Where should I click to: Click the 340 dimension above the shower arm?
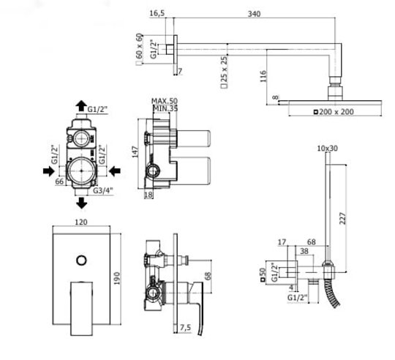point(254,14)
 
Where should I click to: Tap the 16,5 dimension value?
point(157,13)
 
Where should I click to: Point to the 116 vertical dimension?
point(263,76)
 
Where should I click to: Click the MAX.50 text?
point(165,101)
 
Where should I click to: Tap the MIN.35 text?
point(165,108)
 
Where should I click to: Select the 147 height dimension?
point(135,151)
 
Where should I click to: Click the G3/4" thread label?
point(103,190)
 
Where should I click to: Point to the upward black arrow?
point(81,105)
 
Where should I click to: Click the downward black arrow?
point(81,203)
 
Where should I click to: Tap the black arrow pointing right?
point(48,171)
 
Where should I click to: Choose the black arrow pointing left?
point(115,171)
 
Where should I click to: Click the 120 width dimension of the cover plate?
point(81,222)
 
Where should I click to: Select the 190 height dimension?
point(117,278)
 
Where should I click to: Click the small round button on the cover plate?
point(81,260)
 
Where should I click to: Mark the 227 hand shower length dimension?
point(342,218)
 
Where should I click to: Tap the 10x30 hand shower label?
point(327,149)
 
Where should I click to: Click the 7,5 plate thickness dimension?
point(185,328)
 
